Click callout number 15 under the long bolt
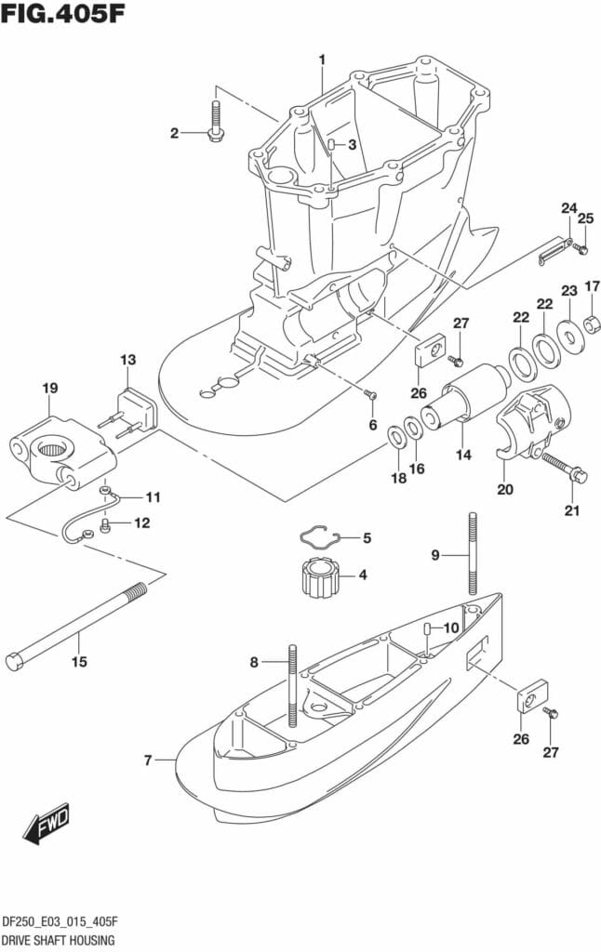79,662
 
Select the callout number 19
49,387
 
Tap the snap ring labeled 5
315,537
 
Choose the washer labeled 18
395,434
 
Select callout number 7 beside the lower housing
148,761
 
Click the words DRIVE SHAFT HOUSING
58,940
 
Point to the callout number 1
322,60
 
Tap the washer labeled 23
567,332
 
